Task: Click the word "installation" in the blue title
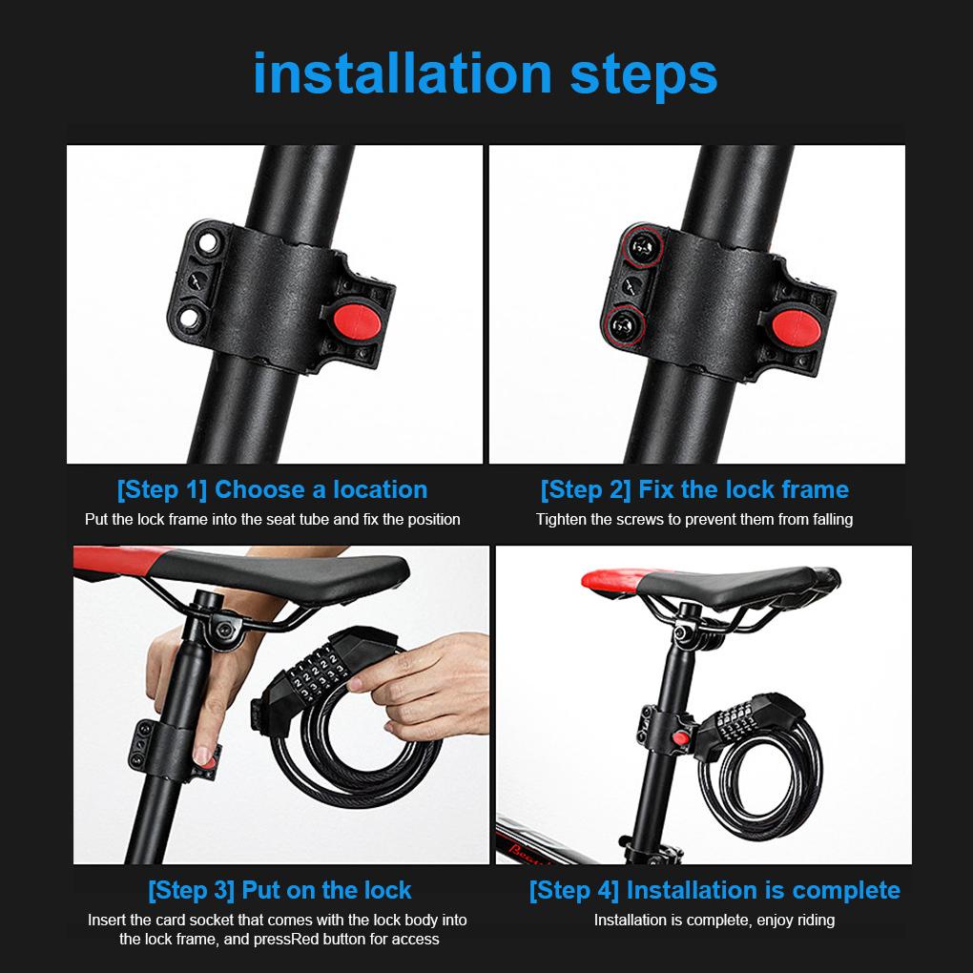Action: [x=403, y=73]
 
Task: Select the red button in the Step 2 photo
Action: [x=797, y=329]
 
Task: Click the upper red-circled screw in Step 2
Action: [x=642, y=248]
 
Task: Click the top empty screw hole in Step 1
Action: [x=207, y=242]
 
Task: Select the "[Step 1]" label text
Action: [x=161, y=490]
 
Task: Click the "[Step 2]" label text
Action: [x=585, y=490]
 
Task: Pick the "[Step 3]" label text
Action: [x=191, y=890]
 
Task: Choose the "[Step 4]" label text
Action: [x=574, y=890]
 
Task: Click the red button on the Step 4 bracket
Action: [x=681, y=738]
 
